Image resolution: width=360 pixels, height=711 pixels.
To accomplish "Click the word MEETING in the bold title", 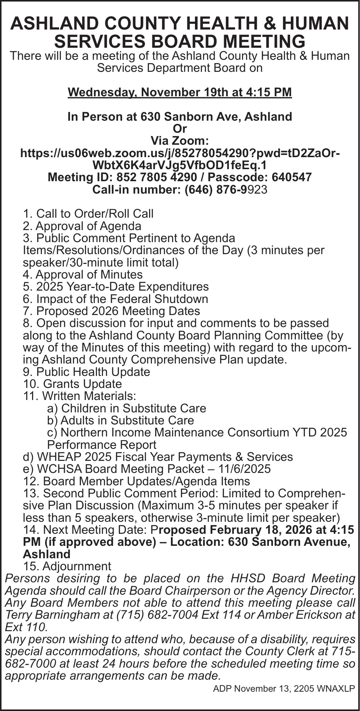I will (264, 41).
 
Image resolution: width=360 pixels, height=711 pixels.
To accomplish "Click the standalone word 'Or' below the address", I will (180, 129).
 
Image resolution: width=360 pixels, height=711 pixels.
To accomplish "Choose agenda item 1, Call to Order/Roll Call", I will (88, 214).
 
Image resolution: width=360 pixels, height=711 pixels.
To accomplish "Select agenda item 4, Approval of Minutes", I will (83, 275).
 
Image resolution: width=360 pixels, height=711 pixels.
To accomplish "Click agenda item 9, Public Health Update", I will (86, 372).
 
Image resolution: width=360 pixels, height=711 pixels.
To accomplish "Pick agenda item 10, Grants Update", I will (72, 384).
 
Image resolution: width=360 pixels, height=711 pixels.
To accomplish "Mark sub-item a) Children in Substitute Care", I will (126, 408).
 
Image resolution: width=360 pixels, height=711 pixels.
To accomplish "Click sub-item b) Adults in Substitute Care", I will (121, 420).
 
